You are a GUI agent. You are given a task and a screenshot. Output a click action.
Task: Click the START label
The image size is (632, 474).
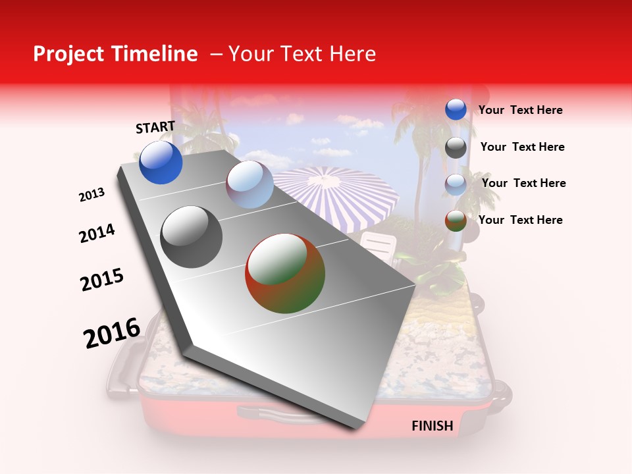pos(155,127)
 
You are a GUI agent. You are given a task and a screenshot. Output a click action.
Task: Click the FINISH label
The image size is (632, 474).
pos(432,426)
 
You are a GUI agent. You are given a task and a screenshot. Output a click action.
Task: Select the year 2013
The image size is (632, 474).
pos(92,195)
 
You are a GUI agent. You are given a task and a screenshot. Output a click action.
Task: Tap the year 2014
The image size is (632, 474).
pos(97,234)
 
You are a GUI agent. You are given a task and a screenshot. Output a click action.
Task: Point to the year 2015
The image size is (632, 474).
pos(102,280)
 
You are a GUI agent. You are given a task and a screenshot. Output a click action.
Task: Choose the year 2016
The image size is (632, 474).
pos(112,332)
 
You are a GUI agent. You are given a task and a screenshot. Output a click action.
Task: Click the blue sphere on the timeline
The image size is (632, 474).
pos(161,162)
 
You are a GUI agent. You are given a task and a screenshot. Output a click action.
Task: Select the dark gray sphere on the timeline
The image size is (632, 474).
pos(191,237)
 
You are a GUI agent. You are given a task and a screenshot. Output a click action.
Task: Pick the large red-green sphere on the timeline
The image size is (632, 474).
pos(285,273)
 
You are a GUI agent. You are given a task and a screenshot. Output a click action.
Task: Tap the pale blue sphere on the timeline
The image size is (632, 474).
pos(250,184)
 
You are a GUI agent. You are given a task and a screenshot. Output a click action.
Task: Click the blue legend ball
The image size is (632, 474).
pos(456,110)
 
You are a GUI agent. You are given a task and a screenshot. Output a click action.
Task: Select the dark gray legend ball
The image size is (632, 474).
pos(456,147)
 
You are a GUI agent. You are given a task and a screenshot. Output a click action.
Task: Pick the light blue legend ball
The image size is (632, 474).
pos(456,184)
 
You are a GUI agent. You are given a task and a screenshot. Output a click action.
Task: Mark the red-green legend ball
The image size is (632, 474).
pos(456,221)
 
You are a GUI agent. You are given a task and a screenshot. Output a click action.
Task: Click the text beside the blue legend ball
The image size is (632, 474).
pos(520,111)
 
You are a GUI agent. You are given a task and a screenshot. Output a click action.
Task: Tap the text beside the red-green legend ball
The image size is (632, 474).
pos(520,220)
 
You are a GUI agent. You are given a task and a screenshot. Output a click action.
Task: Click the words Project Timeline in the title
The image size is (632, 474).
pos(115,54)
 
